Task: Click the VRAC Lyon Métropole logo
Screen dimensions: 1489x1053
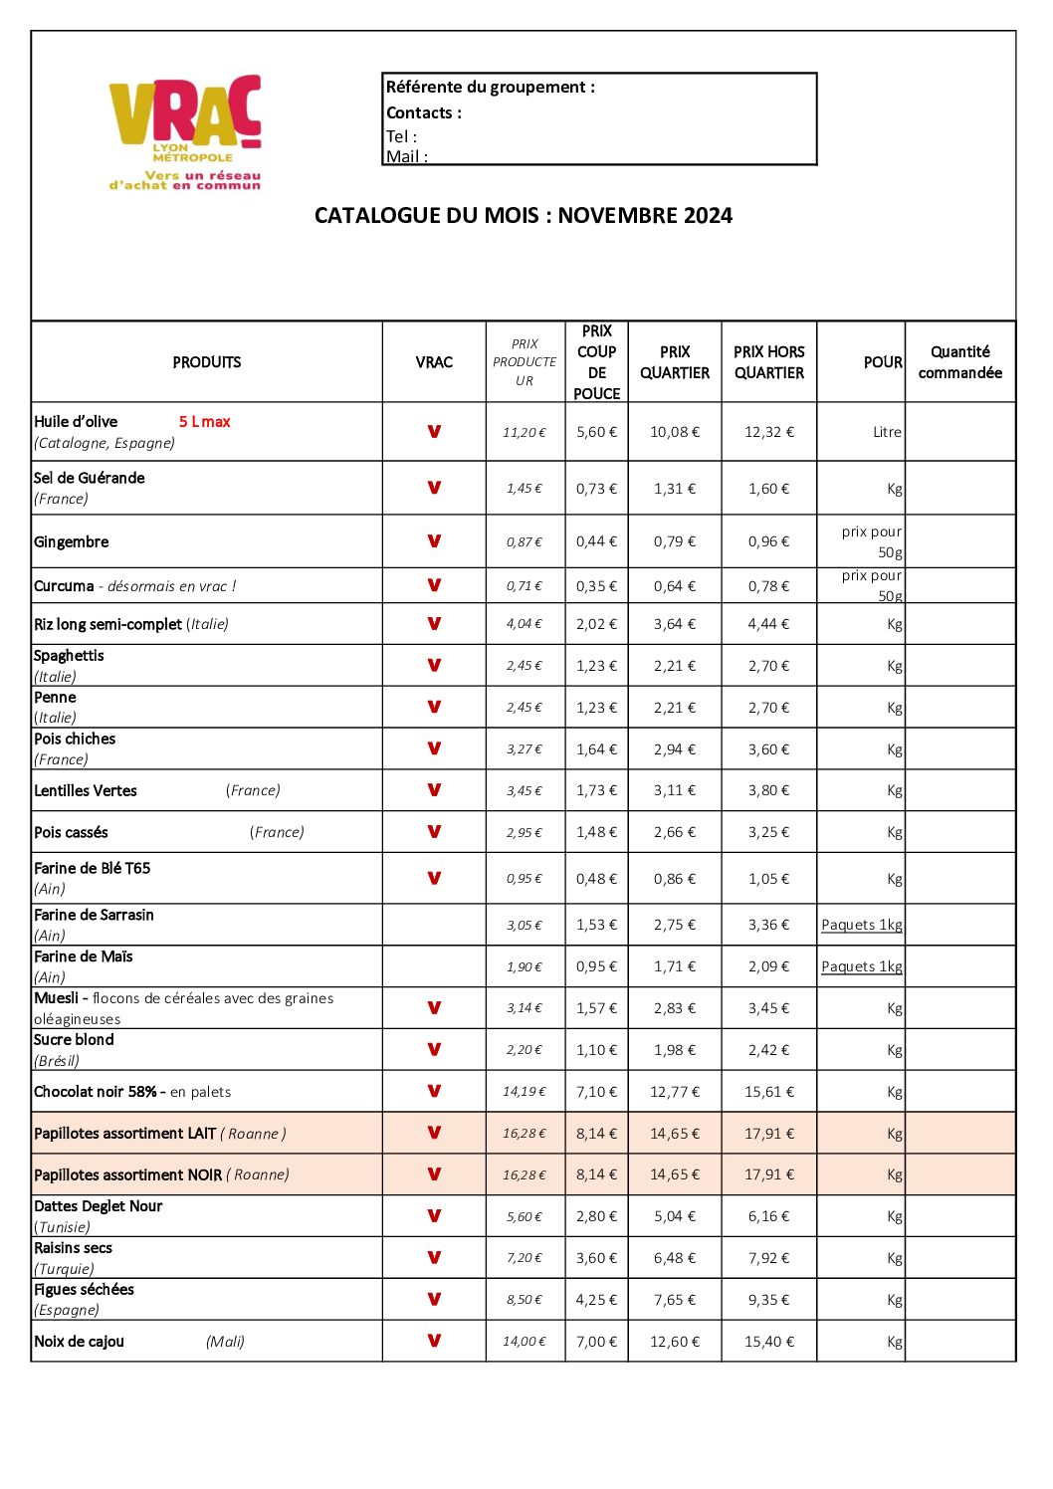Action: coord(185,131)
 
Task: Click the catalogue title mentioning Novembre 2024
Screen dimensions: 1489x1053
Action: coord(524,216)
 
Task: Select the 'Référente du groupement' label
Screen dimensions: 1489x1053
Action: coord(490,88)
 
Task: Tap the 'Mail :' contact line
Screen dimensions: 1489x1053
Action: coord(407,156)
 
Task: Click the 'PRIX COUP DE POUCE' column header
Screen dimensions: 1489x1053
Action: coord(596,362)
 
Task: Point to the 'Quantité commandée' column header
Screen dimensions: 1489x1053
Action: coord(959,362)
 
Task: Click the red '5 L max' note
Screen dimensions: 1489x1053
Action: coord(205,422)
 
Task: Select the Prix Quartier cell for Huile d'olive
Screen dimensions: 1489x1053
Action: coord(675,432)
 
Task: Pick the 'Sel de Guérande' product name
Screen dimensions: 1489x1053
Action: coord(90,478)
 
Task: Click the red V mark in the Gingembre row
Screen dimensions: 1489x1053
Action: coord(434,541)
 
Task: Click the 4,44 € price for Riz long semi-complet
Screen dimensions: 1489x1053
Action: coord(768,624)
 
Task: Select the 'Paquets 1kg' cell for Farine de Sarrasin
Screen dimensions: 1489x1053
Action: coord(861,925)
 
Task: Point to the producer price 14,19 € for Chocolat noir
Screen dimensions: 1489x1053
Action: coord(525,1092)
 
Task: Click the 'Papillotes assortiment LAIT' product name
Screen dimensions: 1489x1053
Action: coord(124,1134)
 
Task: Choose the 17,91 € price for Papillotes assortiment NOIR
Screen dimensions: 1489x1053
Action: coord(768,1174)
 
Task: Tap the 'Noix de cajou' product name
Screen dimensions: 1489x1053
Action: coord(80,1342)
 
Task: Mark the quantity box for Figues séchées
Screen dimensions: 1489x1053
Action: coord(959,1300)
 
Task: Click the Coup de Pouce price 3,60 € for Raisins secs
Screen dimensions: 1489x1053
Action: coord(596,1258)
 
